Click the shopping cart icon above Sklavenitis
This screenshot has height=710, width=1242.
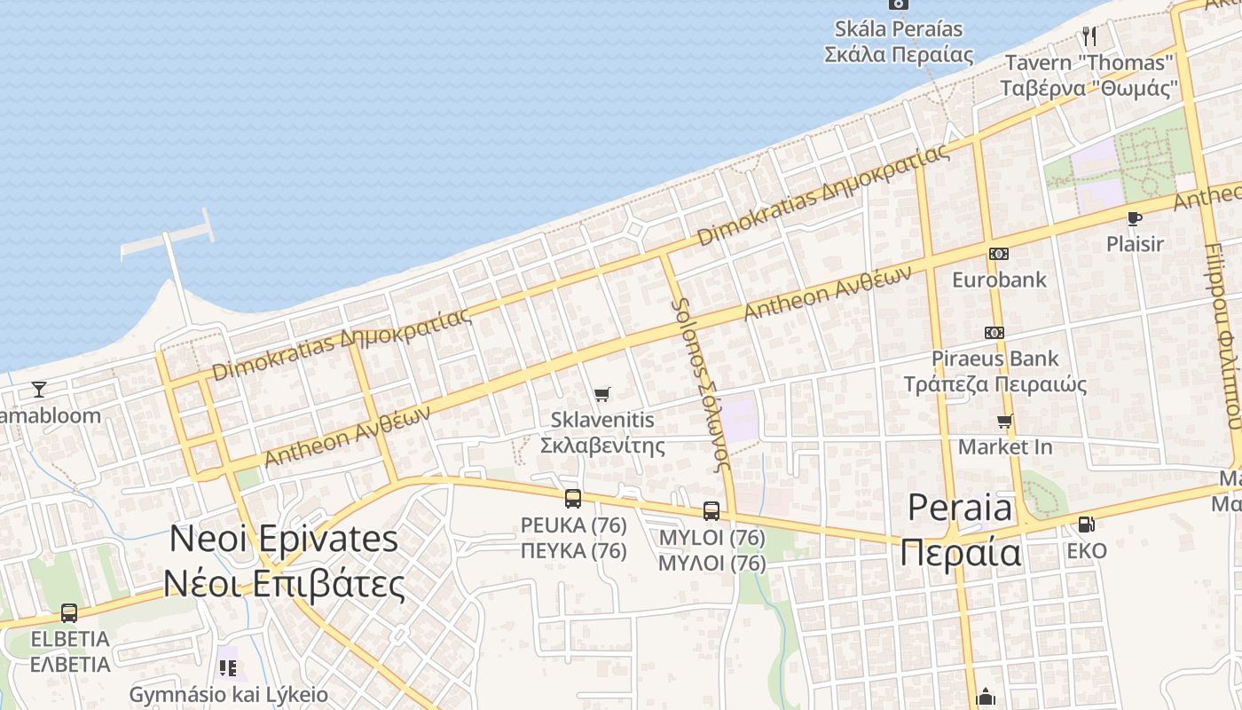(x=602, y=394)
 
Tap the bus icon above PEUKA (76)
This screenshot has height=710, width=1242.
(x=573, y=499)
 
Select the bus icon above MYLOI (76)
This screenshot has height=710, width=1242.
(x=711, y=511)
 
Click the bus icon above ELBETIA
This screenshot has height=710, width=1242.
(x=68, y=612)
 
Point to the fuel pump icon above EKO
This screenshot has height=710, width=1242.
(x=1087, y=525)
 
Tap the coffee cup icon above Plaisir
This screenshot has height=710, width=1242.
(x=1134, y=218)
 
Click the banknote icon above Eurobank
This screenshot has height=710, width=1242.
(x=999, y=254)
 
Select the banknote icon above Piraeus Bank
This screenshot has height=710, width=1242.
(x=994, y=333)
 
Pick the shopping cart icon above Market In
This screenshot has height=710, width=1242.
(x=1004, y=421)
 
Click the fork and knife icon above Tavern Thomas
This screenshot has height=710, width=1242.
(x=1089, y=36)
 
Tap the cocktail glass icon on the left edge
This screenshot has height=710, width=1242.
(x=38, y=389)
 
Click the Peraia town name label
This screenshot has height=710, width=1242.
(x=960, y=531)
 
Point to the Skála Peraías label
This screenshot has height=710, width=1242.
(x=899, y=41)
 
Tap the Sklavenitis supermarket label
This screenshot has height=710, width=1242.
(x=602, y=431)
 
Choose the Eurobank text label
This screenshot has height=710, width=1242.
(x=999, y=280)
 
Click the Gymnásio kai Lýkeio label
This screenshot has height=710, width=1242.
(x=229, y=694)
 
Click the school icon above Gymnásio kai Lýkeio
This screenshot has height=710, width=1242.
(x=228, y=667)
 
